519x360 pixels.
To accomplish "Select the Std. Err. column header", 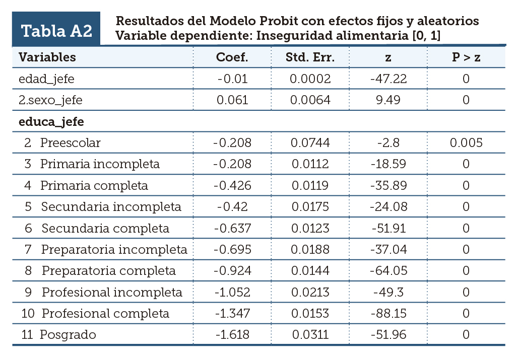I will coord(310,57).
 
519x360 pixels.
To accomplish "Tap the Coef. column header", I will coord(232,57).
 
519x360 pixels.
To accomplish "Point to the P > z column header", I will coord(466,57).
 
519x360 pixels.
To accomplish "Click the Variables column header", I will coord(47,57).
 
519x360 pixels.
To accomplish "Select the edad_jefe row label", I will coord(47,79).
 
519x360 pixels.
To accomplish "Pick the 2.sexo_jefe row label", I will coord(50,100).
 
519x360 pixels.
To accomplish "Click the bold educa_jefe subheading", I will coord(51,122).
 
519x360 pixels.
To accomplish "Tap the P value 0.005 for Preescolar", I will coord(466,143).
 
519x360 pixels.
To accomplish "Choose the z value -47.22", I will coord(388,79).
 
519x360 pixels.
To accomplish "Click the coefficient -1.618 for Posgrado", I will coord(232,335).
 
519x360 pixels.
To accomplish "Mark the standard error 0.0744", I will coord(310,143).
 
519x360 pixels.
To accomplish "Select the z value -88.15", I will coord(388,314).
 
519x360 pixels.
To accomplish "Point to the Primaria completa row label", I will coord(94,186).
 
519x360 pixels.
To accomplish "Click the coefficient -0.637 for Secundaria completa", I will coord(232,229).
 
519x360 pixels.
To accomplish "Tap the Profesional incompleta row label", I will coord(112,293).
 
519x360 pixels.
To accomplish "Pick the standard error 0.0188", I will coord(310,250).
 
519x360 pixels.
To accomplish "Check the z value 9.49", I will coord(388,100).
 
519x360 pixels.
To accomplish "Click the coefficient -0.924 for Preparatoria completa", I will coord(232,271).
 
